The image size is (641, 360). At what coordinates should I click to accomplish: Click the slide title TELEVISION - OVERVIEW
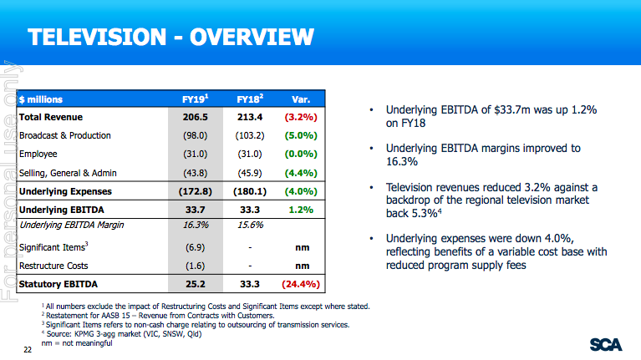170,37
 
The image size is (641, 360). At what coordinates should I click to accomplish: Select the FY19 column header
195,99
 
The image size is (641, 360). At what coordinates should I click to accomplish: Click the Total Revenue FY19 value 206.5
195,117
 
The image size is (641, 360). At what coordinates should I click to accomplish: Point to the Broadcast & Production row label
64,135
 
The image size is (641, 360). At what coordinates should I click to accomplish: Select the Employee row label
38,155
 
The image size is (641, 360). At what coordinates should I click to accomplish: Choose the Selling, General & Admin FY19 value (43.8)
195,173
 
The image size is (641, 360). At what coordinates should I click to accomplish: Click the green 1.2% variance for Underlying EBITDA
302,210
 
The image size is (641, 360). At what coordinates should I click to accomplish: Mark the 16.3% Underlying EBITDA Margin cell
195,225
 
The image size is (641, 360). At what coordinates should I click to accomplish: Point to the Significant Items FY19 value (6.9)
195,247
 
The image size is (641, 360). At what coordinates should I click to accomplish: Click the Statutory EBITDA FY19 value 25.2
195,285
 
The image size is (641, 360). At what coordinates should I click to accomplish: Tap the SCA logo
605,344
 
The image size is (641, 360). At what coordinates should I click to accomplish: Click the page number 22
28,349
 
